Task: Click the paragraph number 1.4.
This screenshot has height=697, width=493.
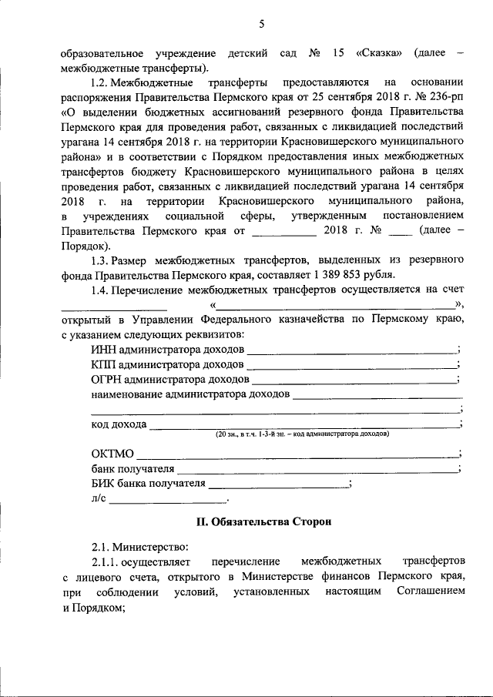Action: click(100, 290)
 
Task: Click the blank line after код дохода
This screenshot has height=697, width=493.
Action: click(304, 426)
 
